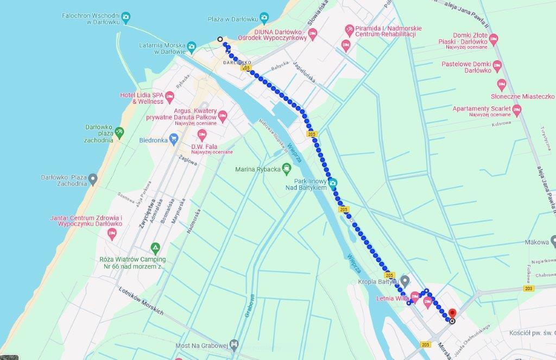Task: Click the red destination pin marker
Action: (x=452, y=313)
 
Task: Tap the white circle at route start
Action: (x=219, y=39)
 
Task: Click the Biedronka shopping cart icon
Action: (x=174, y=139)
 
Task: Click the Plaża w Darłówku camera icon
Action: (x=264, y=17)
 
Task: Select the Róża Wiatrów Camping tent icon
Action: (x=156, y=249)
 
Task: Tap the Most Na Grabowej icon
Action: (x=234, y=344)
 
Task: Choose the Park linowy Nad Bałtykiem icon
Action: (x=333, y=182)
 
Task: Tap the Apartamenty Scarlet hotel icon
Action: (x=517, y=111)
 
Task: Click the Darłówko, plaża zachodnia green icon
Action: (x=119, y=132)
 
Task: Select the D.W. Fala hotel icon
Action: (x=203, y=135)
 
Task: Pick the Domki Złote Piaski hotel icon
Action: (x=494, y=39)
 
